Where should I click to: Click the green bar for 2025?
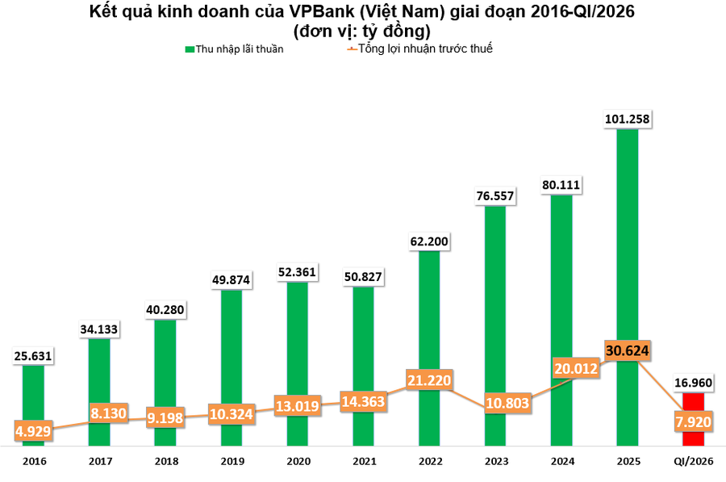[627, 242]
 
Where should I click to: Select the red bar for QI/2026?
[693, 404]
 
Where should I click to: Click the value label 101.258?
[627, 119]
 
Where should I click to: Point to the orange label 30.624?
[627, 350]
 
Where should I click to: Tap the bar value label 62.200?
[429, 241]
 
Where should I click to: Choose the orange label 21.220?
[429, 380]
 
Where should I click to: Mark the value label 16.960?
[693, 383]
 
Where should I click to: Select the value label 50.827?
[363, 277]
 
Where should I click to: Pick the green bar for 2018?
[165, 379]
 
